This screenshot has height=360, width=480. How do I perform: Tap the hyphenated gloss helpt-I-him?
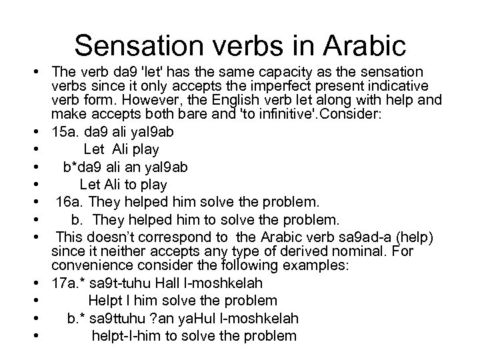125,336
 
